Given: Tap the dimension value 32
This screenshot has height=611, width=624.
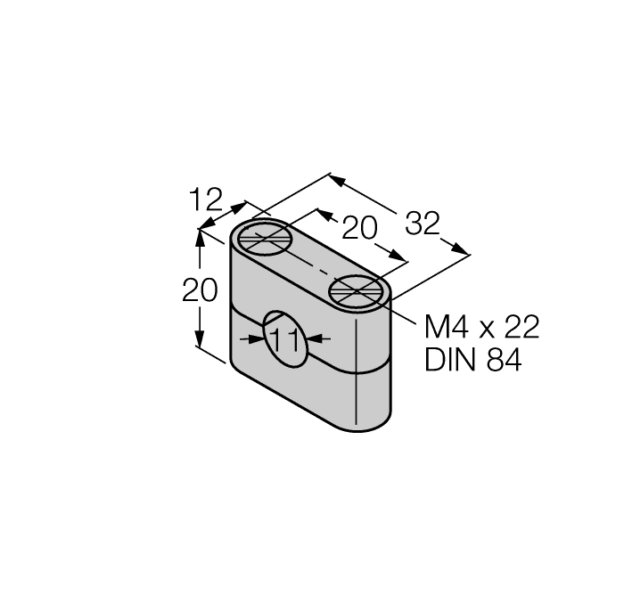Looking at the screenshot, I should click(422, 224).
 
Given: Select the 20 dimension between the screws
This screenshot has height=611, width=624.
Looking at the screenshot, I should click(360, 230).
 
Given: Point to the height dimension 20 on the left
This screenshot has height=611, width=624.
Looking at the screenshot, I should click(200, 291).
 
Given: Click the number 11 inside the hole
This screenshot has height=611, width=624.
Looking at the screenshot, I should click(284, 338).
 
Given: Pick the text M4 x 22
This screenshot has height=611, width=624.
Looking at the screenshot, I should click(481, 328).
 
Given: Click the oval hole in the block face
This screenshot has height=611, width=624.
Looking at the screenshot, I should click(284, 338).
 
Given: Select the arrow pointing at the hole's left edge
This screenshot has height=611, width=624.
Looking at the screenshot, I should click(254, 339).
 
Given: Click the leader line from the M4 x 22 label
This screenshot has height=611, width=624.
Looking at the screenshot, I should click(401, 311).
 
